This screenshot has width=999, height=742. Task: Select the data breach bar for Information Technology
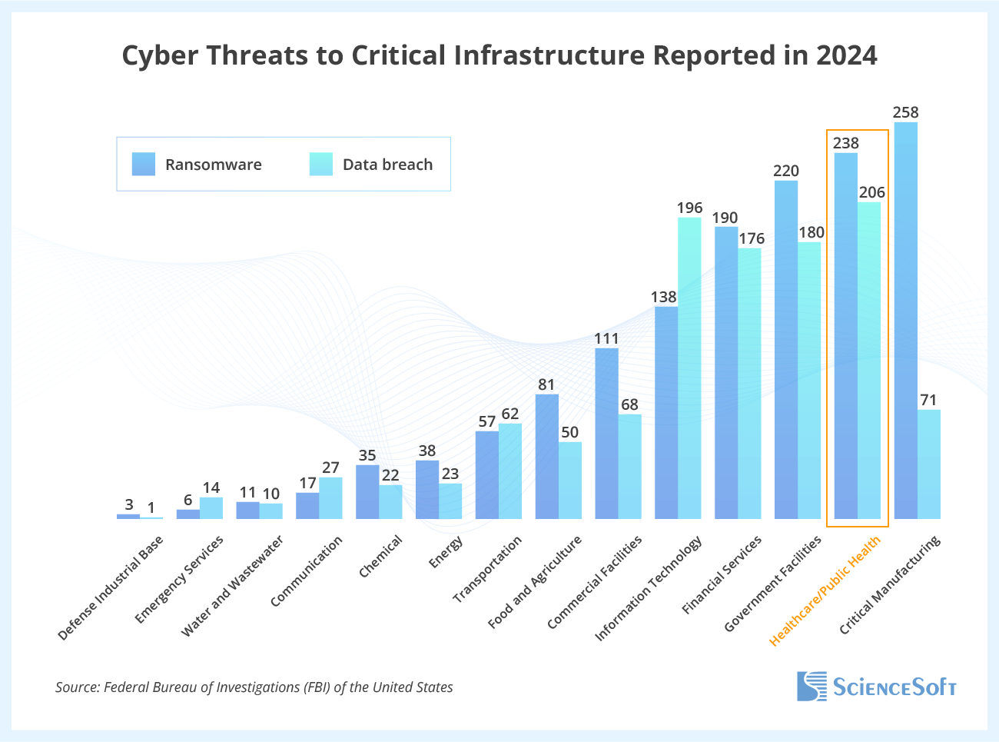point(689,368)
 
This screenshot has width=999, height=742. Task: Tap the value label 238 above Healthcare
point(845,143)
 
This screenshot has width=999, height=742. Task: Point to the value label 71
point(928,400)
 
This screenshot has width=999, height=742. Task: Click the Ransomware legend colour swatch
point(144,164)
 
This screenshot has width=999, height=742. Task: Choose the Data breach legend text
point(387,165)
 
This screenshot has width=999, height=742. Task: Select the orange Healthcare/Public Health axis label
point(825,591)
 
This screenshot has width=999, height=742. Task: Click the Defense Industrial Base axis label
point(111,588)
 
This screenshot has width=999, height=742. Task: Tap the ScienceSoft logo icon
point(811,686)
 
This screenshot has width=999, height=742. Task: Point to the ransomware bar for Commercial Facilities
point(606,434)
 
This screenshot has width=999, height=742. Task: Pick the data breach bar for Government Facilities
point(809,381)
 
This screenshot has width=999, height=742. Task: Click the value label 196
point(689,208)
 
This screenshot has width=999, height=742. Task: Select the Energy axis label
point(446,552)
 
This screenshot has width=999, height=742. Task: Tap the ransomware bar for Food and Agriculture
point(546,457)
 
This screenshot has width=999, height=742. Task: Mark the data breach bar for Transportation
point(510,471)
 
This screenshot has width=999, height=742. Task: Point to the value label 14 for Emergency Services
point(211,487)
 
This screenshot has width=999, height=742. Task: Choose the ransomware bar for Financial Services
point(726,373)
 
